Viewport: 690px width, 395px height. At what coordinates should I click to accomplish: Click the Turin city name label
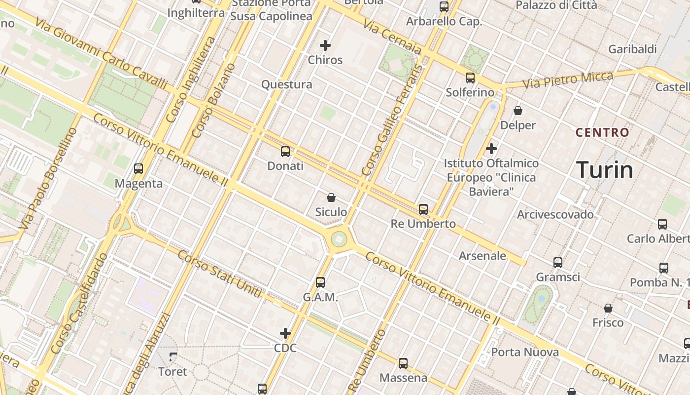point(605,170)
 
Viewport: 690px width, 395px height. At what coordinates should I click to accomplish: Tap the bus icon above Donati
point(285,152)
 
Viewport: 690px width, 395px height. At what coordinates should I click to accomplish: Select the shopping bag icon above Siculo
point(331,197)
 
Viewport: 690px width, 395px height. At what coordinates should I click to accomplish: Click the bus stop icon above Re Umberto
point(423,209)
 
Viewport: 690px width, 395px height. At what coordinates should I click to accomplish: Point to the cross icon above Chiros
point(325,45)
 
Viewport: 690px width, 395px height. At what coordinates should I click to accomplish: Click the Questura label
point(286,84)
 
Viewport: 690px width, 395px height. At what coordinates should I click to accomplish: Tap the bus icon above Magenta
point(138,169)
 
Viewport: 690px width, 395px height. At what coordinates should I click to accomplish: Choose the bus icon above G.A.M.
point(320,282)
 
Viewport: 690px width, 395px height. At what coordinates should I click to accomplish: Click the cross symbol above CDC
point(285,333)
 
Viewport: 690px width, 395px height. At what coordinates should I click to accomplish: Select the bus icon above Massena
point(403,363)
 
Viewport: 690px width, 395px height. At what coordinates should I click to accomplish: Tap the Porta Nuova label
point(525,352)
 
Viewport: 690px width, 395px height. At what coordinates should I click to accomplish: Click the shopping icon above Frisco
point(608,308)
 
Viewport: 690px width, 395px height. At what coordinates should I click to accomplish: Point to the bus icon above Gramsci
point(558,263)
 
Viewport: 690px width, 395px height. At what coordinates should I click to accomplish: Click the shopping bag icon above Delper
point(518,111)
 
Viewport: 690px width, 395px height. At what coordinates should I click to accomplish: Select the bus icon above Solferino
point(470,78)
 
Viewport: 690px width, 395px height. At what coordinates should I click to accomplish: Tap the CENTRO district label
point(602,132)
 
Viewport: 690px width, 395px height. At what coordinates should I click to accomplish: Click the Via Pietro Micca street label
point(568,80)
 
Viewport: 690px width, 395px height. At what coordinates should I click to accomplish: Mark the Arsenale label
point(483,256)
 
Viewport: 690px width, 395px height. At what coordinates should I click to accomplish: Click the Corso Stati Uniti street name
point(219,275)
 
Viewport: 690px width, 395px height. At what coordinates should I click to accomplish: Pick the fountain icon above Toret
point(173,356)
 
